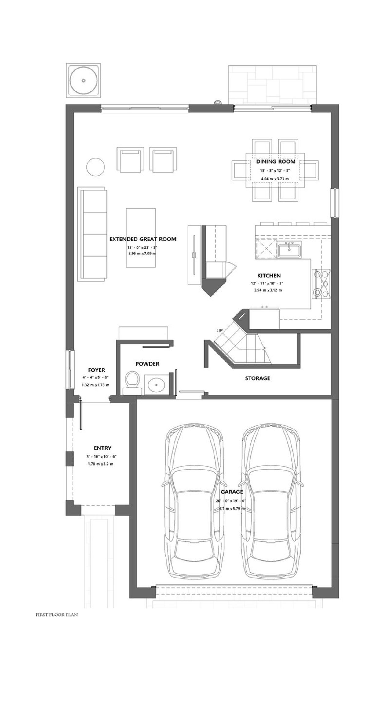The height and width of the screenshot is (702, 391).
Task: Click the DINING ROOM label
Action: [x=276, y=161]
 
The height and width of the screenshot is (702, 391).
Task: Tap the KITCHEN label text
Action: [x=269, y=276]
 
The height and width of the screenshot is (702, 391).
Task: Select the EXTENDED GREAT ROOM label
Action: [x=143, y=239]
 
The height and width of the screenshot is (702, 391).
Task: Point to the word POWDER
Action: [x=147, y=364]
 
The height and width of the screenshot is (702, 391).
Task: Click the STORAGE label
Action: [x=257, y=378]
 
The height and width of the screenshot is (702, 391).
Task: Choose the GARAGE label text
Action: [x=232, y=492]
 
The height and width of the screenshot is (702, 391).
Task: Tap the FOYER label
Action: [x=97, y=370]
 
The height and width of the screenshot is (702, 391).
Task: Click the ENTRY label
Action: [x=102, y=448]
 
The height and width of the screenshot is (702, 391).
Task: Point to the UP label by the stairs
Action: [x=219, y=330]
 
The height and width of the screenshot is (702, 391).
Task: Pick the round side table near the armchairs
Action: [x=96, y=167]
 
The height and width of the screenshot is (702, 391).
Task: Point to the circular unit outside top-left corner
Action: [x=83, y=80]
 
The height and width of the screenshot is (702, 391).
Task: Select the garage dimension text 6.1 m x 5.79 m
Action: [x=232, y=509]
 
